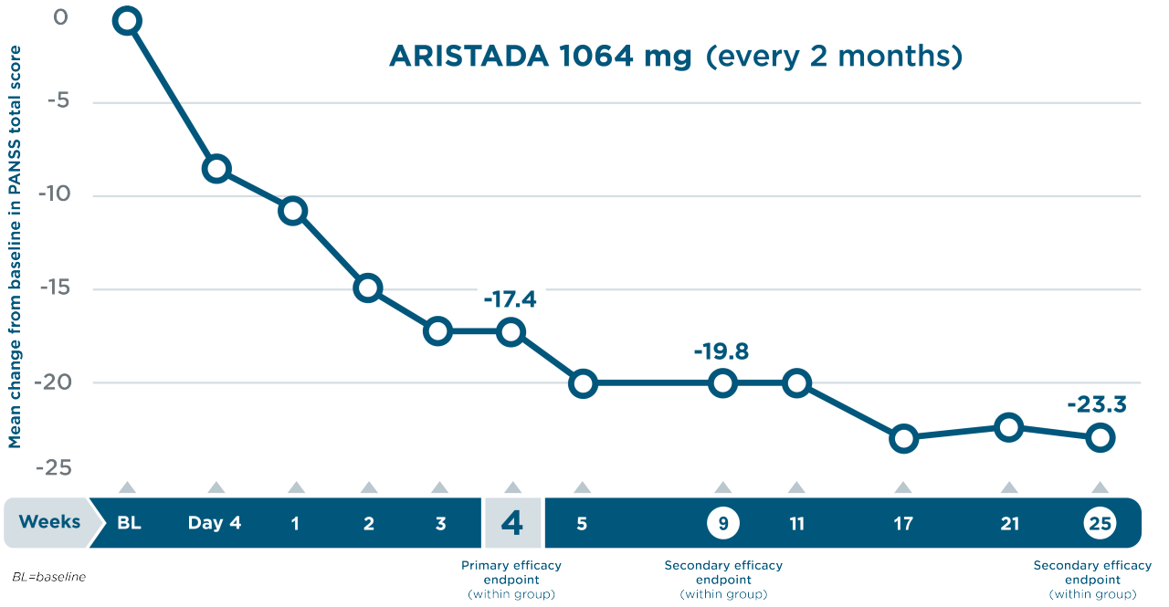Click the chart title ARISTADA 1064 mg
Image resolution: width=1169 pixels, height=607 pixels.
click(x=540, y=57)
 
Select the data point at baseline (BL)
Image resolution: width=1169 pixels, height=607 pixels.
click(x=127, y=21)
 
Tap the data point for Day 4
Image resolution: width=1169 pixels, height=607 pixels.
click(x=216, y=169)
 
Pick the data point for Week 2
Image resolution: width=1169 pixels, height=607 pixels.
click(x=368, y=288)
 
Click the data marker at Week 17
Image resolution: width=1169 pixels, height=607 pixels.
click(x=903, y=439)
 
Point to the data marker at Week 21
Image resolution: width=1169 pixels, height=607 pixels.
click(x=1008, y=427)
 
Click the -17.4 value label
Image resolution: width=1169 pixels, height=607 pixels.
click(x=510, y=299)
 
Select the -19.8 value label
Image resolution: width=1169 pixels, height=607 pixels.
click(x=721, y=351)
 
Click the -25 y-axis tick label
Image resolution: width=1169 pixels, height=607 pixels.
click(x=56, y=468)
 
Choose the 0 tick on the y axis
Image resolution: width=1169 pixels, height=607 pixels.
click(x=59, y=18)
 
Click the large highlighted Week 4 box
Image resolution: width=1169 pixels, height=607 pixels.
click(x=512, y=523)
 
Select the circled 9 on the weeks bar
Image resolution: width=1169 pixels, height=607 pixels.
click(x=722, y=523)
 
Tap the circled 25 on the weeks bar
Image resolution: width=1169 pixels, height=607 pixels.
click(x=1100, y=523)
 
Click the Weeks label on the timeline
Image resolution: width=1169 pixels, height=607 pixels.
click(x=49, y=523)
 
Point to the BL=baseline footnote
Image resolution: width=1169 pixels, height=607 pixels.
click(x=48, y=578)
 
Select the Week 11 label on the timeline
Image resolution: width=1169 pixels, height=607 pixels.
click(x=796, y=523)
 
